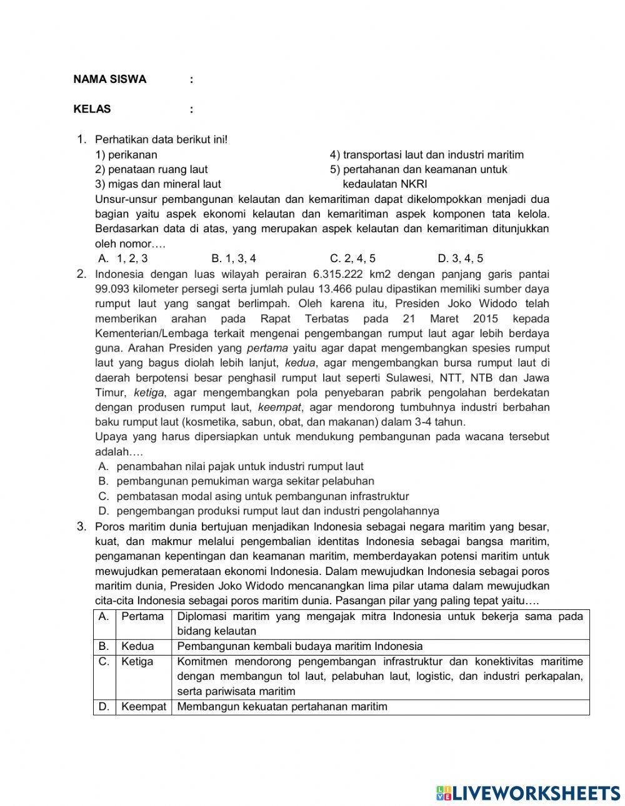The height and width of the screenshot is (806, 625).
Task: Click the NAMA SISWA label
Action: (x=110, y=79)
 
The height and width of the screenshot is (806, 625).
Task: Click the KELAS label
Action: (x=92, y=109)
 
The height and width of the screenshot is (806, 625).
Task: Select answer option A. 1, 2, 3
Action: (x=124, y=258)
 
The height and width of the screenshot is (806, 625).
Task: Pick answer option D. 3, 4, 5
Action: (x=461, y=258)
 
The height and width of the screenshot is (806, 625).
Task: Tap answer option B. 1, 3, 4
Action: (x=234, y=258)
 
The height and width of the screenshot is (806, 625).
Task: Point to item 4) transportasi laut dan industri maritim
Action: (x=427, y=154)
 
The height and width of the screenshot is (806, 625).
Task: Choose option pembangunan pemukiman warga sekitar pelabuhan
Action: (x=245, y=481)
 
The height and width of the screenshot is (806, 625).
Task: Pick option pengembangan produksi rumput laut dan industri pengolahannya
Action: (x=277, y=511)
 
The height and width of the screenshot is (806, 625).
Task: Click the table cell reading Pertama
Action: (x=142, y=617)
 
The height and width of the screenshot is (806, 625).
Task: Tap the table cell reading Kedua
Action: (x=137, y=646)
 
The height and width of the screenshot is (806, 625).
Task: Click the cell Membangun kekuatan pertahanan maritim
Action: (x=282, y=707)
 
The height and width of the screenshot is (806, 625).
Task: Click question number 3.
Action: (x=81, y=526)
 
